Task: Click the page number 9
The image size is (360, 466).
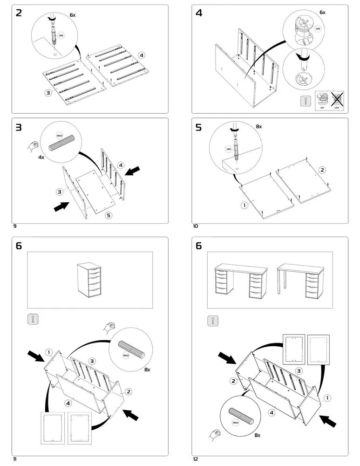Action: pyautogui.click(x=15, y=226)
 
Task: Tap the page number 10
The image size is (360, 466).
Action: pyautogui.click(x=195, y=226)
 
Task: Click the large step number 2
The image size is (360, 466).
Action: pyautogui.click(x=19, y=13)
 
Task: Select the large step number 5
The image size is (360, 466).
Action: pyautogui.click(x=199, y=127)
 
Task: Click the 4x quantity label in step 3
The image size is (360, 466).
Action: pyautogui.click(x=41, y=158)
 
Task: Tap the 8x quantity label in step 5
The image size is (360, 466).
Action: pyautogui.click(x=258, y=126)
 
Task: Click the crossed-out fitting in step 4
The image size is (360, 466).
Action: pyautogui.click(x=335, y=99)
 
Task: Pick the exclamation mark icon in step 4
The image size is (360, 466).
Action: pyautogui.click(x=306, y=101)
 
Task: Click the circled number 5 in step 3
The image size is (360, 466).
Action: pyautogui.click(x=109, y=215)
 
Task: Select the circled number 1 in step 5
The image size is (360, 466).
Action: pyautogui.click(x=244, y=205)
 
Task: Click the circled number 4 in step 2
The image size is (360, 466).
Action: pyautogui.click(x=142, y=55)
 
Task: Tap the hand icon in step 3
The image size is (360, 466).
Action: pyautogui.click(x=33, y=146)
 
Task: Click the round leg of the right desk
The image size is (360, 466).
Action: pyautogui.click(x=279, y=283)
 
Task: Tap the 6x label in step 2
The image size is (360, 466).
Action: pyautogui.click(x=72, y=15)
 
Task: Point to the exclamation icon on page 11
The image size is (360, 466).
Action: pyautogui.click(x=33, y=320)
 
